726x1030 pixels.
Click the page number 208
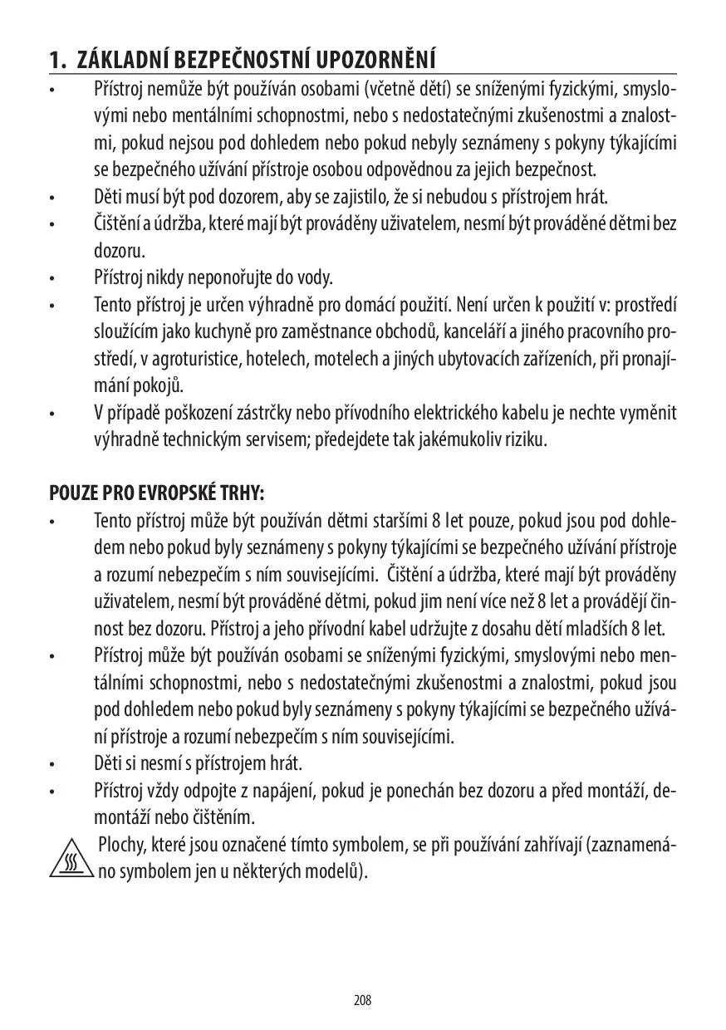(x=362, y=1000)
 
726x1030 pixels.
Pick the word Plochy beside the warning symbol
(x=120, y=846)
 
